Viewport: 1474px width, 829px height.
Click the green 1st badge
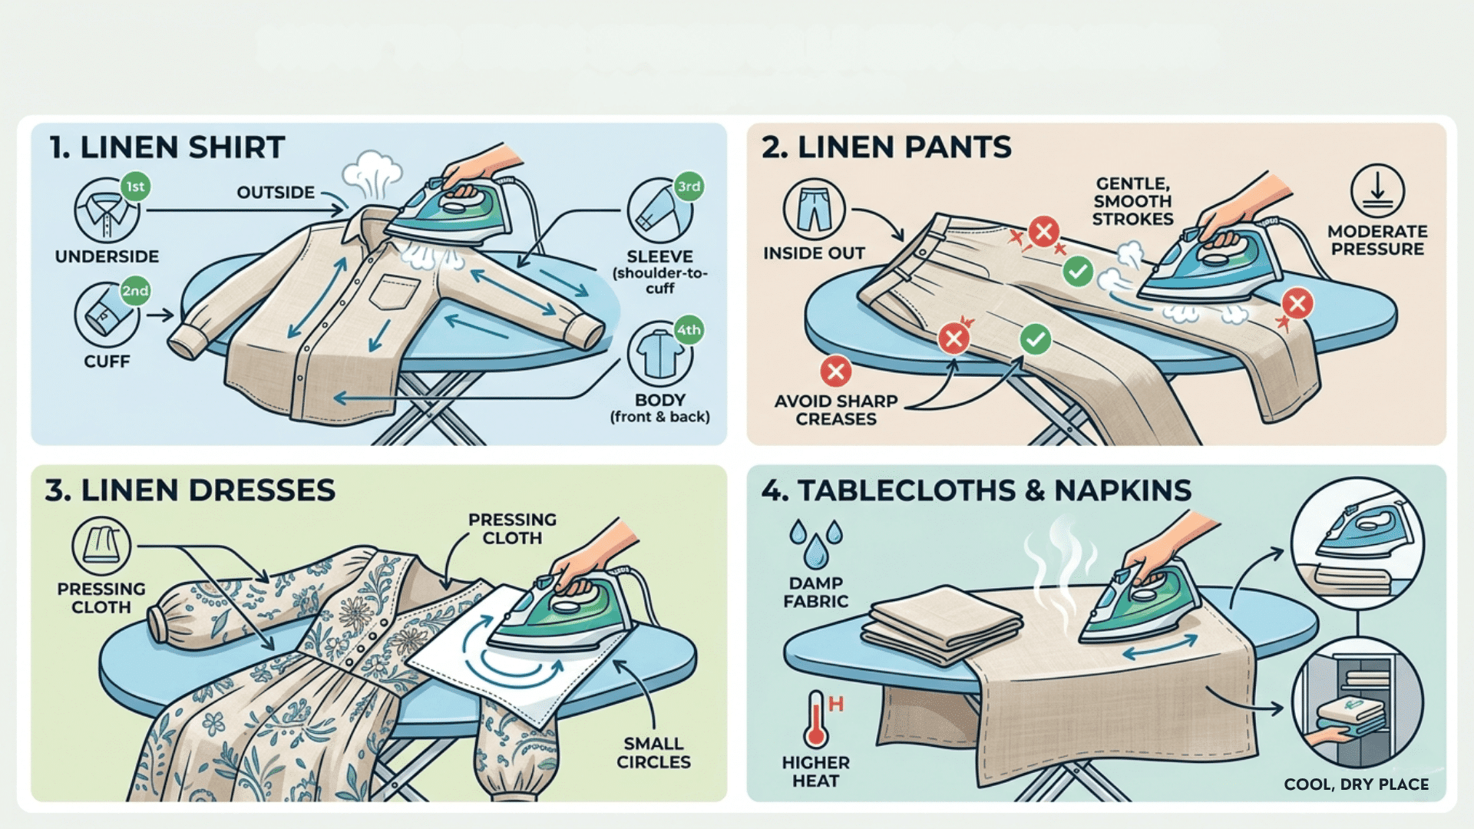[135, 187]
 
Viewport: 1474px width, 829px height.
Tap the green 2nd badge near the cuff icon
[135, 291]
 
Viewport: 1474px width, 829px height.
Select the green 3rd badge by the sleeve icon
[689, 187]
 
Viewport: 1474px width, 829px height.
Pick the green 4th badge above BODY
[689, 330]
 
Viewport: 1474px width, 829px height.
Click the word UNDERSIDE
[107, 256]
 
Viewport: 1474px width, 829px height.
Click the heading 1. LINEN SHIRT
[167, 147]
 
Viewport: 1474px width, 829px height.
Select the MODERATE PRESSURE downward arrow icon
[1377, 191]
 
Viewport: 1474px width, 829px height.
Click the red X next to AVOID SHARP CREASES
[835, 372]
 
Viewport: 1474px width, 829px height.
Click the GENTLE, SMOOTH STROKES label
[1132, 201]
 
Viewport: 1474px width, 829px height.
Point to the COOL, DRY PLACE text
[1356, 784]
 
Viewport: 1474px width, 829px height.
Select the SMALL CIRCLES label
[653, 752]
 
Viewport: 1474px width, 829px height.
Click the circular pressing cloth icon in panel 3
[101, 547]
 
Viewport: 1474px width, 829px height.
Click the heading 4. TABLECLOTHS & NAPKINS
[976, 490]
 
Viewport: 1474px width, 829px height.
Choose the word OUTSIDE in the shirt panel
[276, 193]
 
